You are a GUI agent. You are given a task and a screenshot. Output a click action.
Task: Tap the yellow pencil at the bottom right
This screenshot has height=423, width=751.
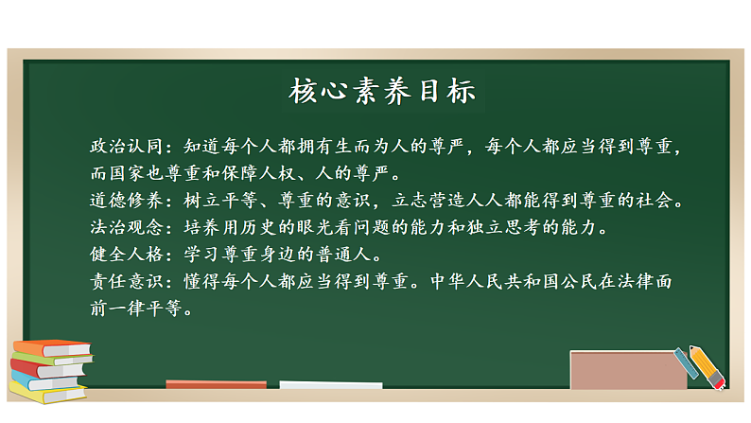pos(705,364)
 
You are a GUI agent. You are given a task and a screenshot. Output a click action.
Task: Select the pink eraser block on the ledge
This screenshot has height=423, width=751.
pos(628,370)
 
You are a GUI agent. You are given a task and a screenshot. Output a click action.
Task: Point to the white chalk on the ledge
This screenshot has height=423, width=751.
pos(331,385)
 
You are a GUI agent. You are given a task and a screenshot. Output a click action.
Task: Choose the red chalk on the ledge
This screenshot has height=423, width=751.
pos(216,384)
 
